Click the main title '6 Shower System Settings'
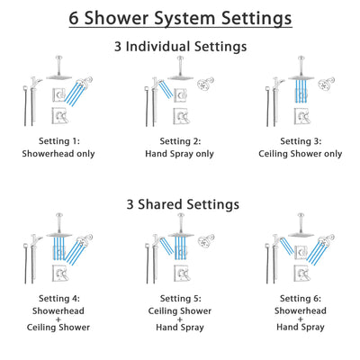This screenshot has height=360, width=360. [x=180, y=18]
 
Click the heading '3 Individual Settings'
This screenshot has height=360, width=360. [x=180, y=46]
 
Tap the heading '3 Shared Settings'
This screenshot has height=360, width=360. [x=180, y=204]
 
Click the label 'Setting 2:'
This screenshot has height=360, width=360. [x=180, y=141]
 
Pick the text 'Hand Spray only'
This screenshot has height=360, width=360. [x=180, y=154]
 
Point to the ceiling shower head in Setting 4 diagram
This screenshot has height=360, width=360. [x=65, y=236]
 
